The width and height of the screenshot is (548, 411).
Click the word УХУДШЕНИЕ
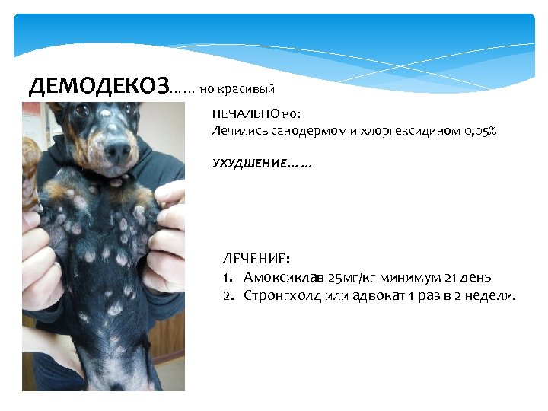coord(250,164)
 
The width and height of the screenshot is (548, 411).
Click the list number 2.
coord(227,295)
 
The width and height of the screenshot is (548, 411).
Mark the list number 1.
coord(227,277)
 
